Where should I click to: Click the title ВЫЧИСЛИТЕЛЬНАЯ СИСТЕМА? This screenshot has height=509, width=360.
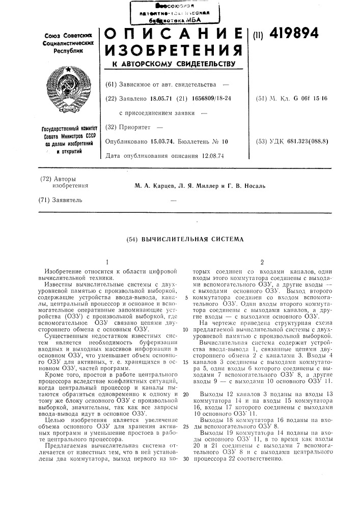pyautogui.click(x=191, y=239)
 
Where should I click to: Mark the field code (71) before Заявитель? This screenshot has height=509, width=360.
pyautogui.click(x=47, y=200)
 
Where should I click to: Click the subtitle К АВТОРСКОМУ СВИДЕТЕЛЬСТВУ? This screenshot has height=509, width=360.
pyautogui.click(x=172, y=65)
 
